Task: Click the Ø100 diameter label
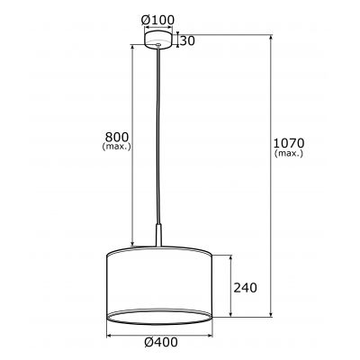click(158, 20)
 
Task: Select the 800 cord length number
click(117, 137)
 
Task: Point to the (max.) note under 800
click(117, 148)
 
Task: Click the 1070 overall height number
click(291, 142)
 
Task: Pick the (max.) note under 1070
click(291, 154)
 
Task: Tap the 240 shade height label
click(247, 288)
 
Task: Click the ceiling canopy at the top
click(158, 41)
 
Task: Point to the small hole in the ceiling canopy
click(158, 40)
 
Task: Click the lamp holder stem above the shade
click(159, 237)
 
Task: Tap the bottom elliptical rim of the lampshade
click(159, 315)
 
